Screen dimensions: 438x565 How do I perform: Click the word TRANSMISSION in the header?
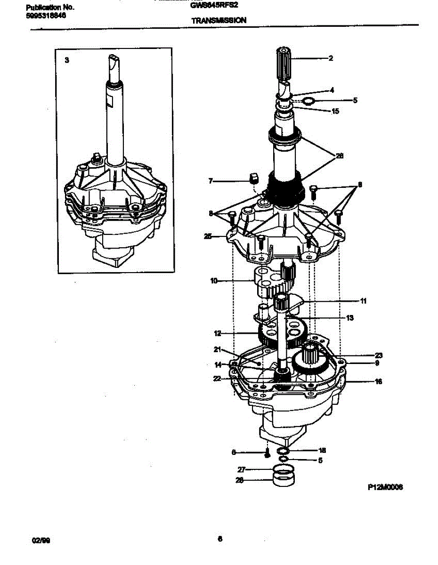point(219,20)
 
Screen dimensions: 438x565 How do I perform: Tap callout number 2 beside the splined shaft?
point(331,59)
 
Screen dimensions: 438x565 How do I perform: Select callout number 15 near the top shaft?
point(335,112)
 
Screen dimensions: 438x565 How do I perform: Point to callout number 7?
point(211,180)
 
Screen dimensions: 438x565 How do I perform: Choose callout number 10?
point(214,281)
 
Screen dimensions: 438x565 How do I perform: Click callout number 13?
point(349,318)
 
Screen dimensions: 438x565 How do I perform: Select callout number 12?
point(217,333)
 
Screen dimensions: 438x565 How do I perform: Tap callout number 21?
point(217,349)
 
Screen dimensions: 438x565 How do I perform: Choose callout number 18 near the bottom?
point(322,450)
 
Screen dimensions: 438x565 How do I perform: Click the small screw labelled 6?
point(267,454)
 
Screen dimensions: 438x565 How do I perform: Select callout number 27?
point(241,469)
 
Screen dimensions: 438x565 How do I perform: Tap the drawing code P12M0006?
point(385,488)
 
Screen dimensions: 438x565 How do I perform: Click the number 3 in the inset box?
point(66,60)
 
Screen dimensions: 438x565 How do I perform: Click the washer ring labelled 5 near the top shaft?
point(308,101)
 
